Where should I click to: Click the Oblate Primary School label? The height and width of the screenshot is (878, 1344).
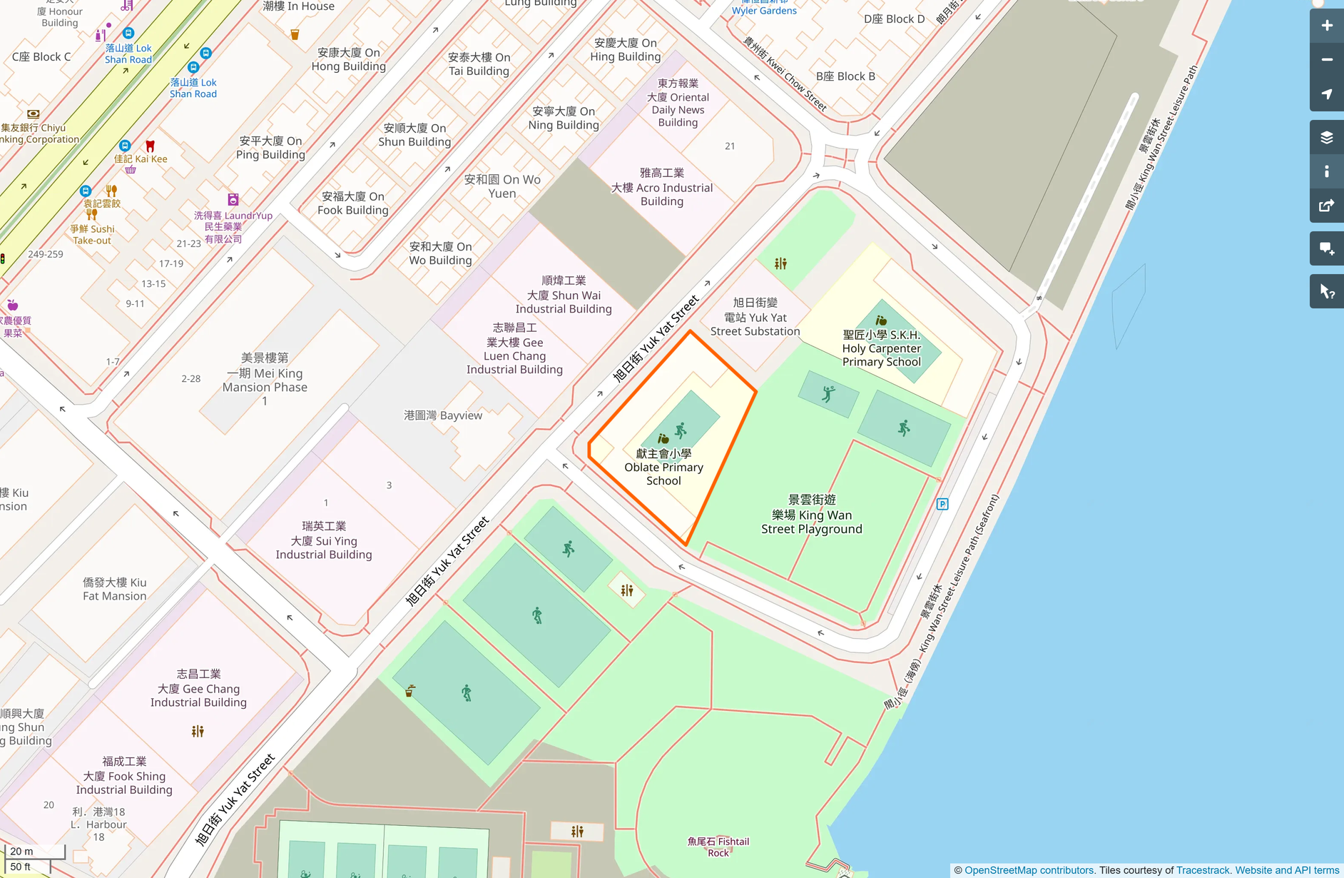[x=663, y=468]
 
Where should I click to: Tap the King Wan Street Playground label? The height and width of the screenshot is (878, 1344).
[x=811, y=515]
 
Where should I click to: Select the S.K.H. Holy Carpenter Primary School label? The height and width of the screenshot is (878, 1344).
[x=881, y=348]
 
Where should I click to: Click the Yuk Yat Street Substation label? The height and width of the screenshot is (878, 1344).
[x=755, y=317]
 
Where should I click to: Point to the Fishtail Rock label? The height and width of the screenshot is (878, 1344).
[x=718, y=847]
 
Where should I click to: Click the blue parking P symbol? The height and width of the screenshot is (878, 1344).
[x=942, y=504]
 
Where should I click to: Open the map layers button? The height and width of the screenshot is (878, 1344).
[x=1326, y=138]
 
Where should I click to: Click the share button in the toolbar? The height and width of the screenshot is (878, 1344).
[x=1326, y=206]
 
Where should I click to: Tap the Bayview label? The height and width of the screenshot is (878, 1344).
[x=442, y=415]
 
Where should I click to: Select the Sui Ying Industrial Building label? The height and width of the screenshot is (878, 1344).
[x=324, y=540]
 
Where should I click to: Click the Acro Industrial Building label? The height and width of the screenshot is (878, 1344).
[x=661, y=187]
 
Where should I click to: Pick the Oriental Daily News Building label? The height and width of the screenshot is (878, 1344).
[x=678, y=103]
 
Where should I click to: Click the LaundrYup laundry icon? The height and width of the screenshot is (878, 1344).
[x=233, y=200]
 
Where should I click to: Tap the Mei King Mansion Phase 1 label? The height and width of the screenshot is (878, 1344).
[x=265, y=379]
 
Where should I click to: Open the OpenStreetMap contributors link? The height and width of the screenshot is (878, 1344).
[x=1029, y=870]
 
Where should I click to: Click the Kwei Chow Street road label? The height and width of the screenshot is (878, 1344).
[x=785, y=74]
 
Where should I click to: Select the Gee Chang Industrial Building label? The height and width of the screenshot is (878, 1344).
[x=198, y=688]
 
